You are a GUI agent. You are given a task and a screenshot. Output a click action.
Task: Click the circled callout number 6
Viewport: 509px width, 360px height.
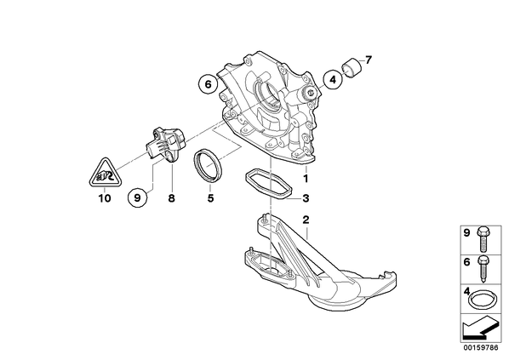(x=208, y=85)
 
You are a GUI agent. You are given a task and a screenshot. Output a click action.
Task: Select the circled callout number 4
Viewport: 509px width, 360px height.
(x=333, y=79)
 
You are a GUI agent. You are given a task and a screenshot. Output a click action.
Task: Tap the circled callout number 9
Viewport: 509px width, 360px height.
(x=137, y=197)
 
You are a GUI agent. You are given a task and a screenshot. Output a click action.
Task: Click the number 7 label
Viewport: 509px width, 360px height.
(x=368, y=60)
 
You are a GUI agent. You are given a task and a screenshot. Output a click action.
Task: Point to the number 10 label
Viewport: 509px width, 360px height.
(x=105, y=197)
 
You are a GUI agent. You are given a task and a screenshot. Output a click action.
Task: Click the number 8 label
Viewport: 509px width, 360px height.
(x=171, y=197)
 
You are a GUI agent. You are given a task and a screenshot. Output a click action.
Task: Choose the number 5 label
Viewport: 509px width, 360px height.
(x=211, y=197)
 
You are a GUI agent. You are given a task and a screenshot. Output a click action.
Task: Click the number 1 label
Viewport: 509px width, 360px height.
(x=306, y=178)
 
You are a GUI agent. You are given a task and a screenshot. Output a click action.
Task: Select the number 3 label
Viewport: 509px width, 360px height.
(x=306, y=198)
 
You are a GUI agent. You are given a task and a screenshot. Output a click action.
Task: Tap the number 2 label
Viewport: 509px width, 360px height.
(x=306, y=220)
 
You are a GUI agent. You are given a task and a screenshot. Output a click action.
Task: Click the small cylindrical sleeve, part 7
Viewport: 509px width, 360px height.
(x=352, y=68)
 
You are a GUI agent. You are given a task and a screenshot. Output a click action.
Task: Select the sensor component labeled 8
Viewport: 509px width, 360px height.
(x=164, y=143)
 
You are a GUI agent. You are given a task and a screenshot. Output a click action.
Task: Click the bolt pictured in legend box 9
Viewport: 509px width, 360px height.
(x=483, y=240)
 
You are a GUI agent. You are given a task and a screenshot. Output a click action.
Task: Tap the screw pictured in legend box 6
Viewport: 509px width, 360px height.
(x=483, y=269)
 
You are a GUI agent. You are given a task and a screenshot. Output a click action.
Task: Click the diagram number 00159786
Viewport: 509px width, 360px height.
(x=480, y=348)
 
